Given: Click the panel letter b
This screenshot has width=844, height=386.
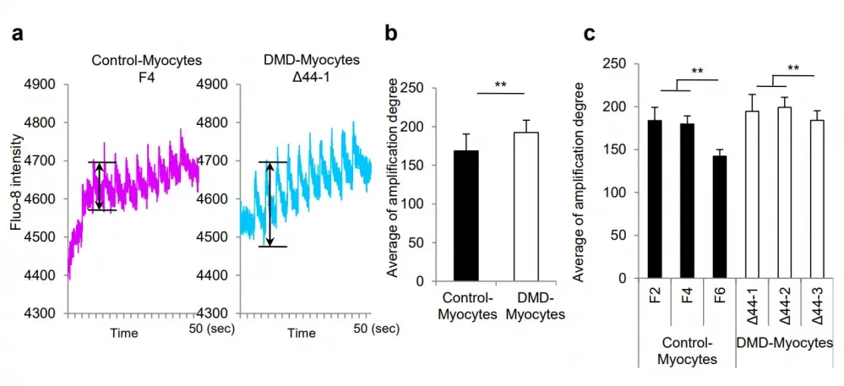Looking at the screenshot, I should point(391,35).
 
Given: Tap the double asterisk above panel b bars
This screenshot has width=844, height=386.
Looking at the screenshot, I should point(500,86).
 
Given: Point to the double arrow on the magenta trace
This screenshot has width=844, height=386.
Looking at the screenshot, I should point(99,186).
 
